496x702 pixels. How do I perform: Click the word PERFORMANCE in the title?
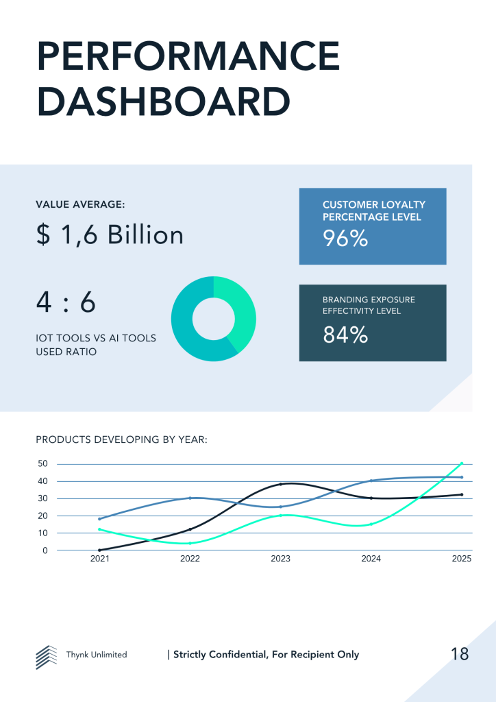click(x=188, y=57)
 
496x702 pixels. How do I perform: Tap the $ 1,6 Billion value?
click(x=110, y=235)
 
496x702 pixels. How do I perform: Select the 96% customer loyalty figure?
click(x=345, y=239)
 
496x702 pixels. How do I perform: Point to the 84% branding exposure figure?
click(x=345, y=335)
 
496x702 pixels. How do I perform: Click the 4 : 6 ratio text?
click(x=66, y=302)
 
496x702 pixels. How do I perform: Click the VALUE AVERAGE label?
click(x=79, y=204)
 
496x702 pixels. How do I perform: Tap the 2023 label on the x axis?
click(x=280, y=559)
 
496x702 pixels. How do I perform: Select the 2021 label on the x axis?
click(x=99, y=559)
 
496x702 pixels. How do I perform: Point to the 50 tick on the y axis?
click(x=42, y=463)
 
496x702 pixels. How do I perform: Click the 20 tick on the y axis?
click(x=42, y=516)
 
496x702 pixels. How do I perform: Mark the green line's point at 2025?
click(x=462, y=463)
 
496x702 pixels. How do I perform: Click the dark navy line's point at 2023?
click(x=280, y=484)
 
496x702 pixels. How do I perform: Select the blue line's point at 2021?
click(x=99, y=518)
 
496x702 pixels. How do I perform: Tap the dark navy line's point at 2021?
click(x=99, y=550)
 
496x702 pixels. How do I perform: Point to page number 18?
click(x=460, y=654)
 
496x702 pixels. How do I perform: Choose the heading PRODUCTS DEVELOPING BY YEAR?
click(x=121, y=439)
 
